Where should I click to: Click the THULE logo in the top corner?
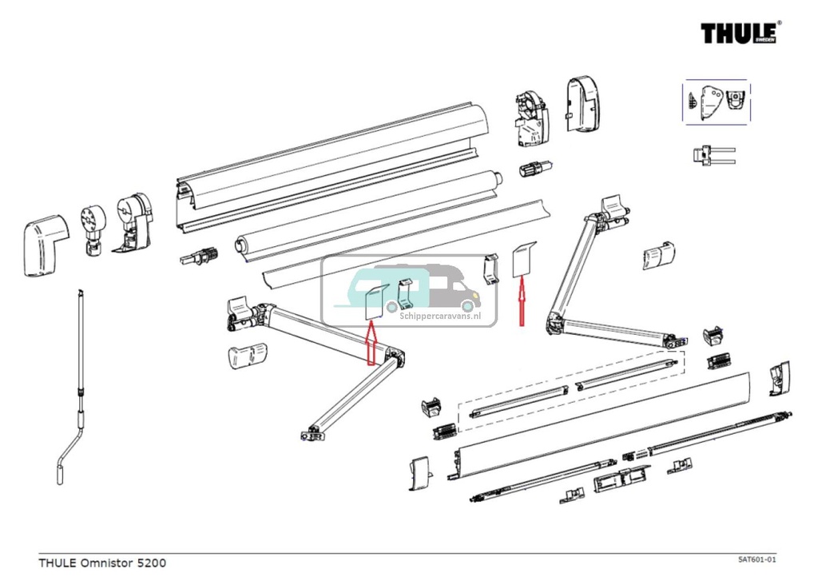click(x=740, y=34)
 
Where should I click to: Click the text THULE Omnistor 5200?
click(x=102, y=563)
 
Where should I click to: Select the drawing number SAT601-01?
click(x=756, y=560)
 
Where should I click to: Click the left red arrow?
click(x=371, y=344)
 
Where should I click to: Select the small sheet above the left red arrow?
click(x=375, y=302)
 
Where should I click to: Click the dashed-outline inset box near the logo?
click(x=716, y=101)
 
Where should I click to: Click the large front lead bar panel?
click(x=607, y=428)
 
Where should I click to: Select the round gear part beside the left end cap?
click(x=93, y=227)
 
